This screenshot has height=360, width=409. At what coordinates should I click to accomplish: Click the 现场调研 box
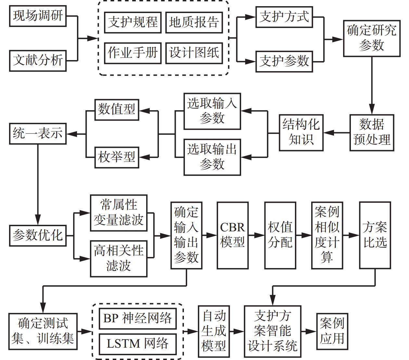pyautogui.click(x=38, y=16)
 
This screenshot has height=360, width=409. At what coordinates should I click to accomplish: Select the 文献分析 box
pyautogui.click(x=38, y=60)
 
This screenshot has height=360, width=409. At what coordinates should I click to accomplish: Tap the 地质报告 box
pyautogui.click(x=194, y=22)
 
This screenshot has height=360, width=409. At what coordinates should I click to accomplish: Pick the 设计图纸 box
pyautogui.click(x=194, y=53)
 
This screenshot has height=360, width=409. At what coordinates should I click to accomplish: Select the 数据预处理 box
pyautogui.click(x=372, y=133)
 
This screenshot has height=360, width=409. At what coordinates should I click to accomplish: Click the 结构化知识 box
pyautogui.click(x=301, y=133)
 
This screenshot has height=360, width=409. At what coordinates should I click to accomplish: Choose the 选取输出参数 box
pyautogui.click(x=212, y=157)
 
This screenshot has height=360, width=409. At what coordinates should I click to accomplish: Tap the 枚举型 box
pyautogui.click(x=117, y=157)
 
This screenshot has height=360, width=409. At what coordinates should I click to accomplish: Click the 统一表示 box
pyautogui.click(x=38, y=133)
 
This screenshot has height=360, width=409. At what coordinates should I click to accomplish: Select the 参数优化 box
pyautogui.click(x=38, y=235)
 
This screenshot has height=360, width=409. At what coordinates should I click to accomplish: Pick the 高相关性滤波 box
pyautogui.click(x=119, y=259)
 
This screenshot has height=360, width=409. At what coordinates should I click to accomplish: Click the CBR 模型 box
pyautogui.click(x=233, y=235)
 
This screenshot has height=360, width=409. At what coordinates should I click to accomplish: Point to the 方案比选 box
pyautogui.click(x=375, y=235)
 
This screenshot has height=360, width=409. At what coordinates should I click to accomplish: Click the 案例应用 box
pyautogui.click(x=332, y=331)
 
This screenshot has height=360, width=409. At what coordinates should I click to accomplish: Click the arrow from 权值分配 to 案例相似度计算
pyautogui.click(x=304, y=235)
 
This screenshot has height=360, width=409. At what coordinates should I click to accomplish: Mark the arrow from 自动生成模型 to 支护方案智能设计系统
pyautogui.click(x=237, y=331)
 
